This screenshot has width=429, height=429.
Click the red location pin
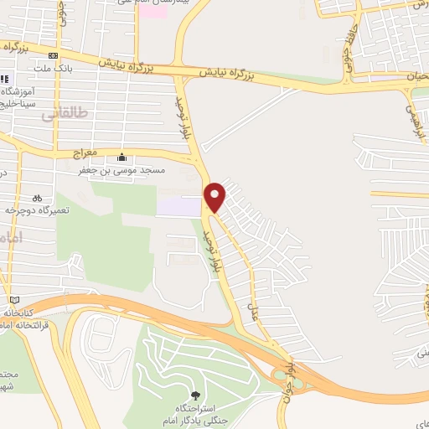point(215,196)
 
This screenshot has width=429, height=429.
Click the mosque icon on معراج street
point(122,157)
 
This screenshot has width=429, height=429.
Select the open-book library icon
point(13,299)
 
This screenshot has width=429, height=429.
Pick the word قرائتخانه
point(25,323)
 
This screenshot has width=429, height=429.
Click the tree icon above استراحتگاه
point(197,395)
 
